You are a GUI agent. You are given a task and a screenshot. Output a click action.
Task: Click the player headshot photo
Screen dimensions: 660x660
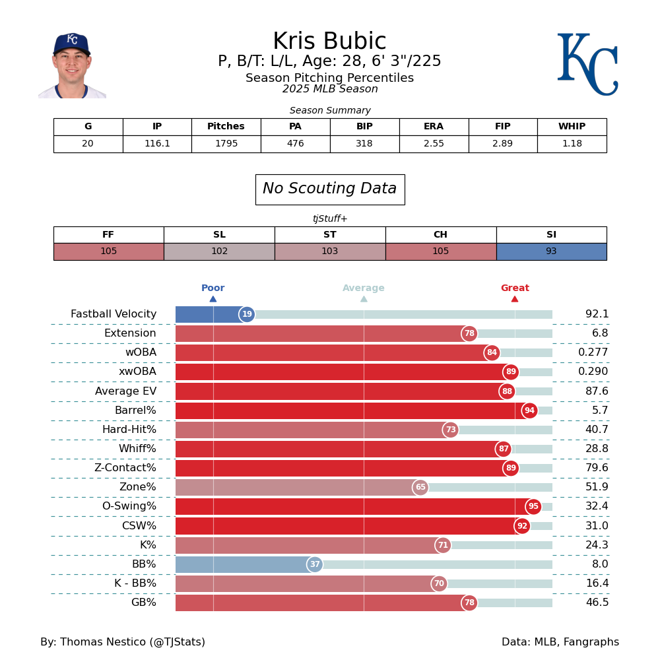72,66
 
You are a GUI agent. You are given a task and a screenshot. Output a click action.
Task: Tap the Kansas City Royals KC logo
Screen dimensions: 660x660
587,64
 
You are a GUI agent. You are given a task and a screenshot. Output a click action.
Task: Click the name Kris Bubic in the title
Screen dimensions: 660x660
329,42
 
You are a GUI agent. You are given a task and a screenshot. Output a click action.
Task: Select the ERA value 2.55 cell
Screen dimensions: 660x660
434,144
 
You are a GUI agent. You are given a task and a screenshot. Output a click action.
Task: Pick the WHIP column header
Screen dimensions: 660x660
572,127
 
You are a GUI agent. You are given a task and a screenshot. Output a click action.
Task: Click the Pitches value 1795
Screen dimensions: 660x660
226,144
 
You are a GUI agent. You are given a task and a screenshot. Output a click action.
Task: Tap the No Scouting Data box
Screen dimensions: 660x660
330,189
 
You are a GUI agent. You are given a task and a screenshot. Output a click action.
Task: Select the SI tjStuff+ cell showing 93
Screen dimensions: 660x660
551,251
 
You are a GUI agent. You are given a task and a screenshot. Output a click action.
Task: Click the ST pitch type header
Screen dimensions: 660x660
330,235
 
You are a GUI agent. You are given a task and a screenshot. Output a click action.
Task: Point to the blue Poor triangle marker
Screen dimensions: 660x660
213,299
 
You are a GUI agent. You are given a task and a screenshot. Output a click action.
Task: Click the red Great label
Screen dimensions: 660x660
515,288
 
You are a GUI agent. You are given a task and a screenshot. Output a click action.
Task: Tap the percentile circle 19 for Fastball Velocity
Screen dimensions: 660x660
247,315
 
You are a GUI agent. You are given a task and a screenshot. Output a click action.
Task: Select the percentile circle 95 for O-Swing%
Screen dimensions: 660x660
533,507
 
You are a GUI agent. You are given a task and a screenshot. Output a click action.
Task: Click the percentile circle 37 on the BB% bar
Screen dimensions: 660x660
315,564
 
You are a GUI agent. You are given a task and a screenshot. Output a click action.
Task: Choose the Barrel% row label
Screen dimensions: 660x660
135,411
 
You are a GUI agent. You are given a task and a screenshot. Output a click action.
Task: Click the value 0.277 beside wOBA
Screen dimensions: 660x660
593,352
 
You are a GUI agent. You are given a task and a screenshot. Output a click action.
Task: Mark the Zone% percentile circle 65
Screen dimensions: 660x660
420,488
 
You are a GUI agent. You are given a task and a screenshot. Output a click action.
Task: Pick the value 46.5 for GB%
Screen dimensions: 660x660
597,603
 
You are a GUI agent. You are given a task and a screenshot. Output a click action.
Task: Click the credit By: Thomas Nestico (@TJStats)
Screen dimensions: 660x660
123,642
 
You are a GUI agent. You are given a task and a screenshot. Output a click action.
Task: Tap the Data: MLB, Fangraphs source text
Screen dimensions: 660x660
560,642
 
